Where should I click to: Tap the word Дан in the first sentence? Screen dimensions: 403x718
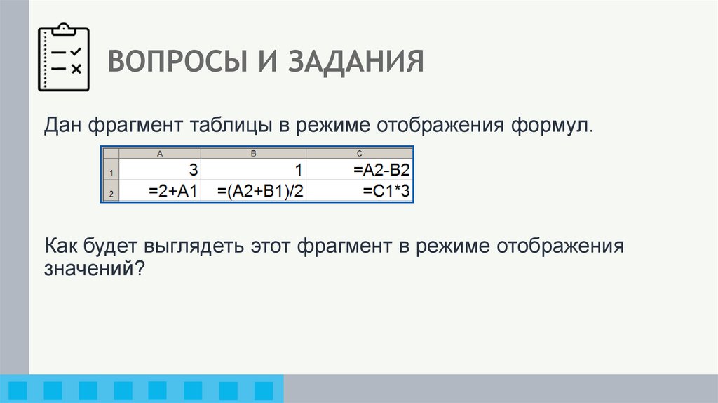tap(65, 126)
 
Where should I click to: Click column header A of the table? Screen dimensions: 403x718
tap(160, 153)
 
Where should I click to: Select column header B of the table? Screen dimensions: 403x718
tap(254, 153)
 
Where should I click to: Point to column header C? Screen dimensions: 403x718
tap(359, 153)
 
